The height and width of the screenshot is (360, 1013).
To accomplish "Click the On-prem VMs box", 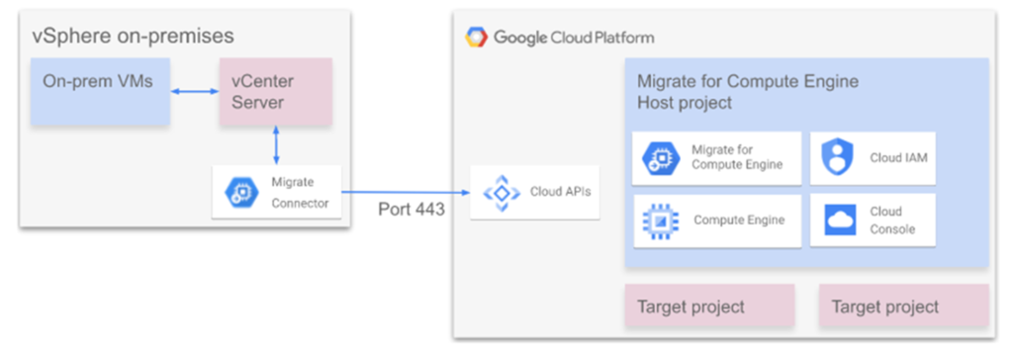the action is (100, 91).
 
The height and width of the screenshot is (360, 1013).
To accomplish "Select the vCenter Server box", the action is (276, 91).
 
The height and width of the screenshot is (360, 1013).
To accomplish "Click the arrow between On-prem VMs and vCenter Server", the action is (195, 92).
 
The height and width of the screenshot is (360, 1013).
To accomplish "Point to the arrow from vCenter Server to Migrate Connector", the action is (277, 145).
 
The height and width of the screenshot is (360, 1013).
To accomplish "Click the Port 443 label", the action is (411, 210).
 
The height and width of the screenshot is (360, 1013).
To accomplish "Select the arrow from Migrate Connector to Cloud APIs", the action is (406, 192).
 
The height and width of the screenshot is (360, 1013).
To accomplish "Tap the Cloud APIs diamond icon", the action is (498, 193).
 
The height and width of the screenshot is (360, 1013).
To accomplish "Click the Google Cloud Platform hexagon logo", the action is (477, 38).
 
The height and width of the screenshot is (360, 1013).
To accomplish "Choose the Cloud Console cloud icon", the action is (840, 221).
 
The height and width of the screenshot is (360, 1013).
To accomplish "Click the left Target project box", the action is (708, 306).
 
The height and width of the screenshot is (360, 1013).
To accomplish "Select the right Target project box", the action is (904, 306).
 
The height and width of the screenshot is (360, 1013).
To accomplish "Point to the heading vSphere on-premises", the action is (134, 37).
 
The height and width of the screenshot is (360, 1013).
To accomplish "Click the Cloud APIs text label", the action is (559, 192).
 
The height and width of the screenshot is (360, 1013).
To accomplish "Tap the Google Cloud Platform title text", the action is (574, 39).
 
